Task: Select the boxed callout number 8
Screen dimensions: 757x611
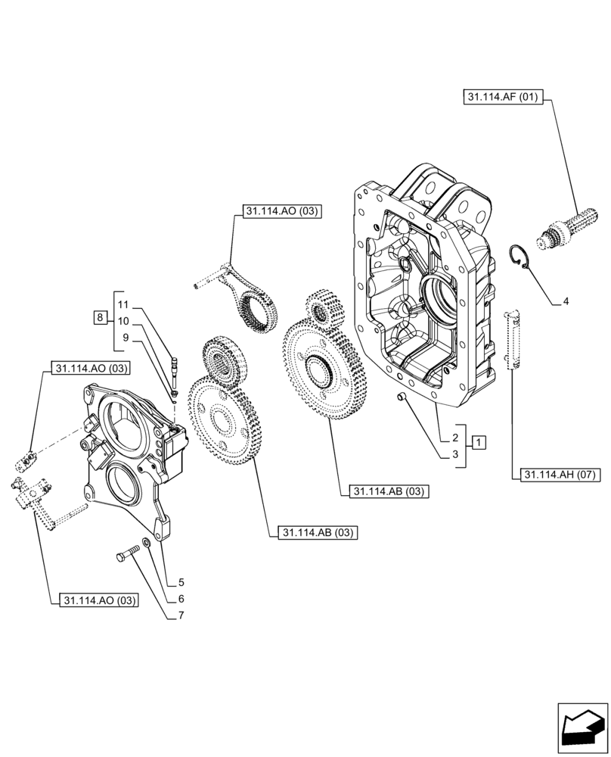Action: [x=100, y=317]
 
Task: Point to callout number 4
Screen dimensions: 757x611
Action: [x=566, y=301]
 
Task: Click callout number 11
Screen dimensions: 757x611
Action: [x=124, y=304]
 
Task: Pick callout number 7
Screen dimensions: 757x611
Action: [x=181, y=616]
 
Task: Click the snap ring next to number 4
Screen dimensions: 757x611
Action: [x=520, y=257]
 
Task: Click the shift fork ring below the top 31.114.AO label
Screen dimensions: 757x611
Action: [x=256, y=311]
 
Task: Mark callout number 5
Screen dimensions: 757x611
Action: [x=181, y=583]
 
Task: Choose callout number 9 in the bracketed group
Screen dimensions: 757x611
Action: [x=126, y=338]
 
